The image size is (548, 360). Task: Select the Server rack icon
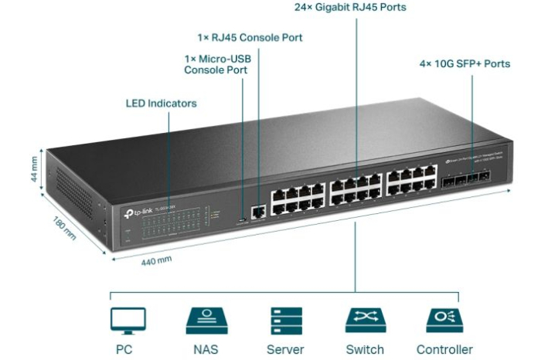(284, 320)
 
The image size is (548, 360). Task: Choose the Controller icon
(444, 320)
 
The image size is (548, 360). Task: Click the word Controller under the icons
(444, 349)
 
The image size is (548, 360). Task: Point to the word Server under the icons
(285, 349)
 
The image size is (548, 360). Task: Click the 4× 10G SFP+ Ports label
(465, 63)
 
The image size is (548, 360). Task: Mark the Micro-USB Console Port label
(216, 64)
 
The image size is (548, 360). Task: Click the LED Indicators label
(161, 103)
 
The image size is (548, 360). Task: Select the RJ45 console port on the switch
(257, 210)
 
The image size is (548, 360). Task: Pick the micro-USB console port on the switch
(244, 219)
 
